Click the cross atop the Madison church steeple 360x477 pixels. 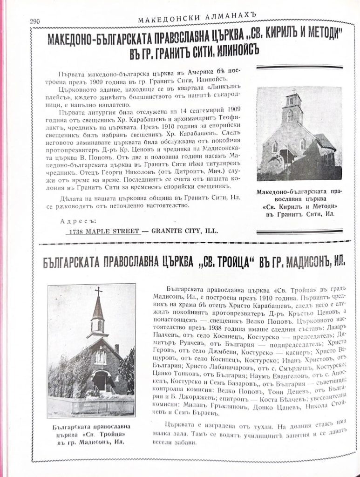coord(98,292)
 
